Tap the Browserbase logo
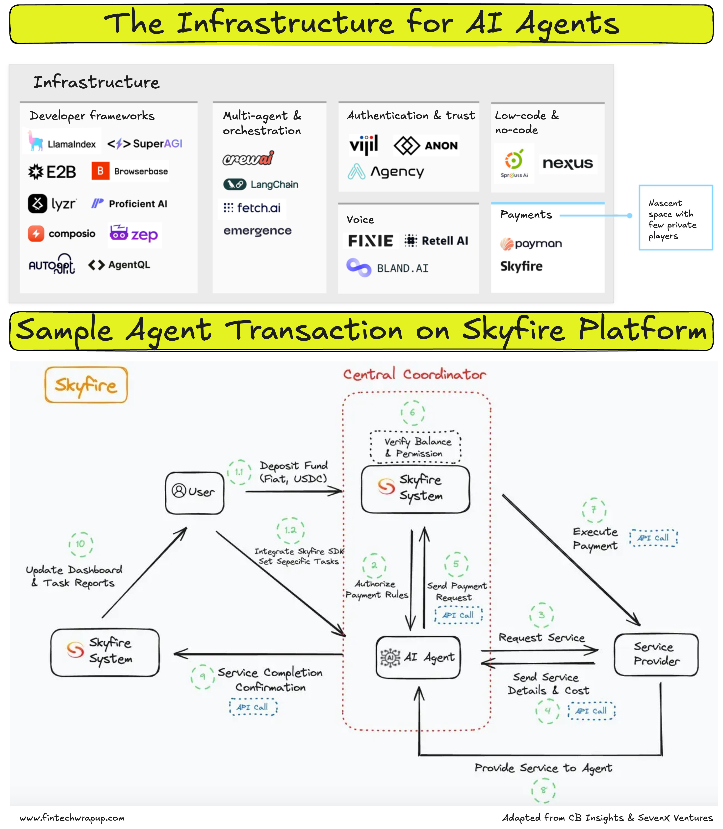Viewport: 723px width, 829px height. (x=130, y=171)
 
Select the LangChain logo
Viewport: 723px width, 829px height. (x=261, y=184)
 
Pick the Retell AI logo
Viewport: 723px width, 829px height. (x=437, y=241)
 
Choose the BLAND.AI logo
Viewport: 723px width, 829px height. (x=387, y=268)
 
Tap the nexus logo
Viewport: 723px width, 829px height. (x=568, y=163)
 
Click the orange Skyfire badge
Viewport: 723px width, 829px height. (x=86, y=385)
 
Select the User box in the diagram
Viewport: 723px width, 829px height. (x=194, y=493)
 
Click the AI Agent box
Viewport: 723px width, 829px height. (x=418, y=657)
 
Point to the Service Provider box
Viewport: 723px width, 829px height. (x=656, y=654)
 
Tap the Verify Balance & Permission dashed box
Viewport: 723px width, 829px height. (x=415, y=447)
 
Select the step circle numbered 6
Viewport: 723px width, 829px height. (x=412, y=412)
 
